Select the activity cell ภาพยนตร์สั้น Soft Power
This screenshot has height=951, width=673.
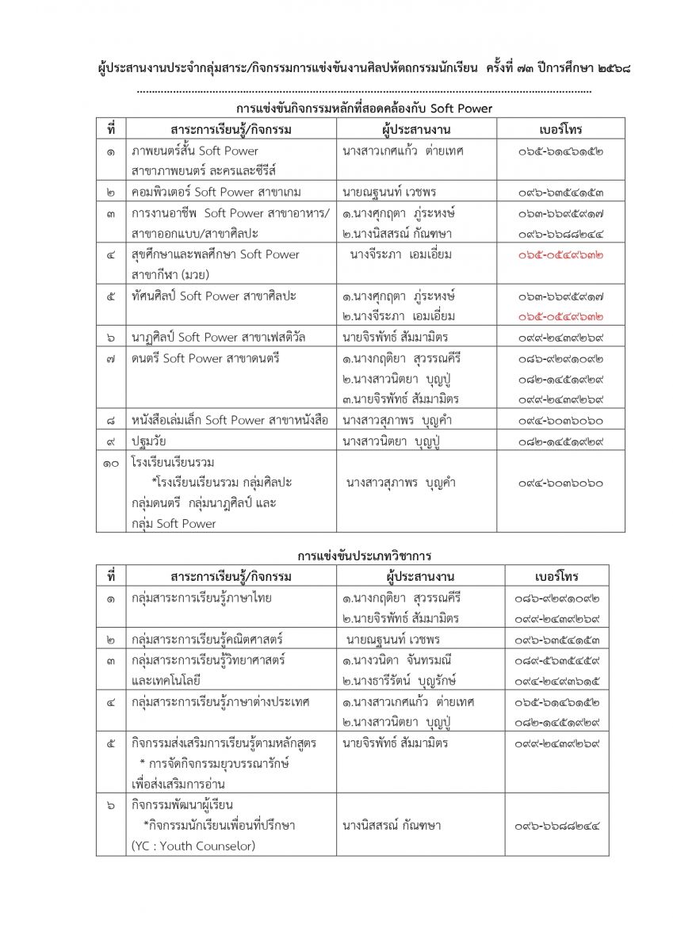pos(195,151)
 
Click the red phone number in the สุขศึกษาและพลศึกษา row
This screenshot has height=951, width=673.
pos(560,254)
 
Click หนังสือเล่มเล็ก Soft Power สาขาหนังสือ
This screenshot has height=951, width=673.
pos(230,420)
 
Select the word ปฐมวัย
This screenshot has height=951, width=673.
pos(151,441)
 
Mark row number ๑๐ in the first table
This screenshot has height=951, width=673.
pos(111,461)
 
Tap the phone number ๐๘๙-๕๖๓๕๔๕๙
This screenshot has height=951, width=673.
pos(556,659)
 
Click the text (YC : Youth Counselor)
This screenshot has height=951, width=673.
pos(193,846)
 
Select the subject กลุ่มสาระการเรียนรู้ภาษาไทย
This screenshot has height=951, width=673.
pos(201,598)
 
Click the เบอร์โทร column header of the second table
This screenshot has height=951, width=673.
pos(556,576)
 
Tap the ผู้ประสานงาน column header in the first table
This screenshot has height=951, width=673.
pos(420,129)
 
